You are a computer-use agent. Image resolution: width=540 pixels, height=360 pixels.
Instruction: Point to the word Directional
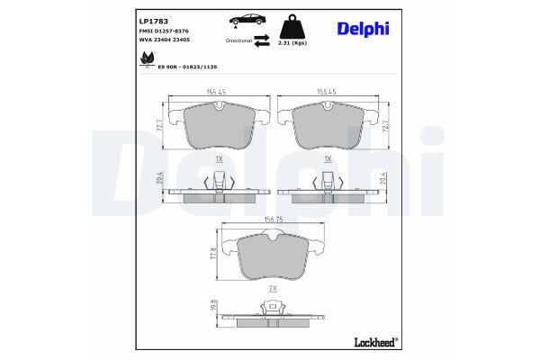coord(238,40)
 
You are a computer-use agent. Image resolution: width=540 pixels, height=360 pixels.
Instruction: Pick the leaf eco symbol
coord(146,60)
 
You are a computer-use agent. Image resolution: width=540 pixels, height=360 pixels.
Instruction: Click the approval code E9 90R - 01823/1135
coord(189,66)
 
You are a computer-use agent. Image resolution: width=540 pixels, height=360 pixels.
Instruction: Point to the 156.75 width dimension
coord(272,218)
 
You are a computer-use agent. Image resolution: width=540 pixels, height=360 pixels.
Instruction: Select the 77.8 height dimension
coord(214,255)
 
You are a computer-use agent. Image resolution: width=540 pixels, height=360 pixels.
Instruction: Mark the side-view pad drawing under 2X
coord(272,315)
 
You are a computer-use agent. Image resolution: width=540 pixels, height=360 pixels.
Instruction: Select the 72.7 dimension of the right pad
coord(386,129)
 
